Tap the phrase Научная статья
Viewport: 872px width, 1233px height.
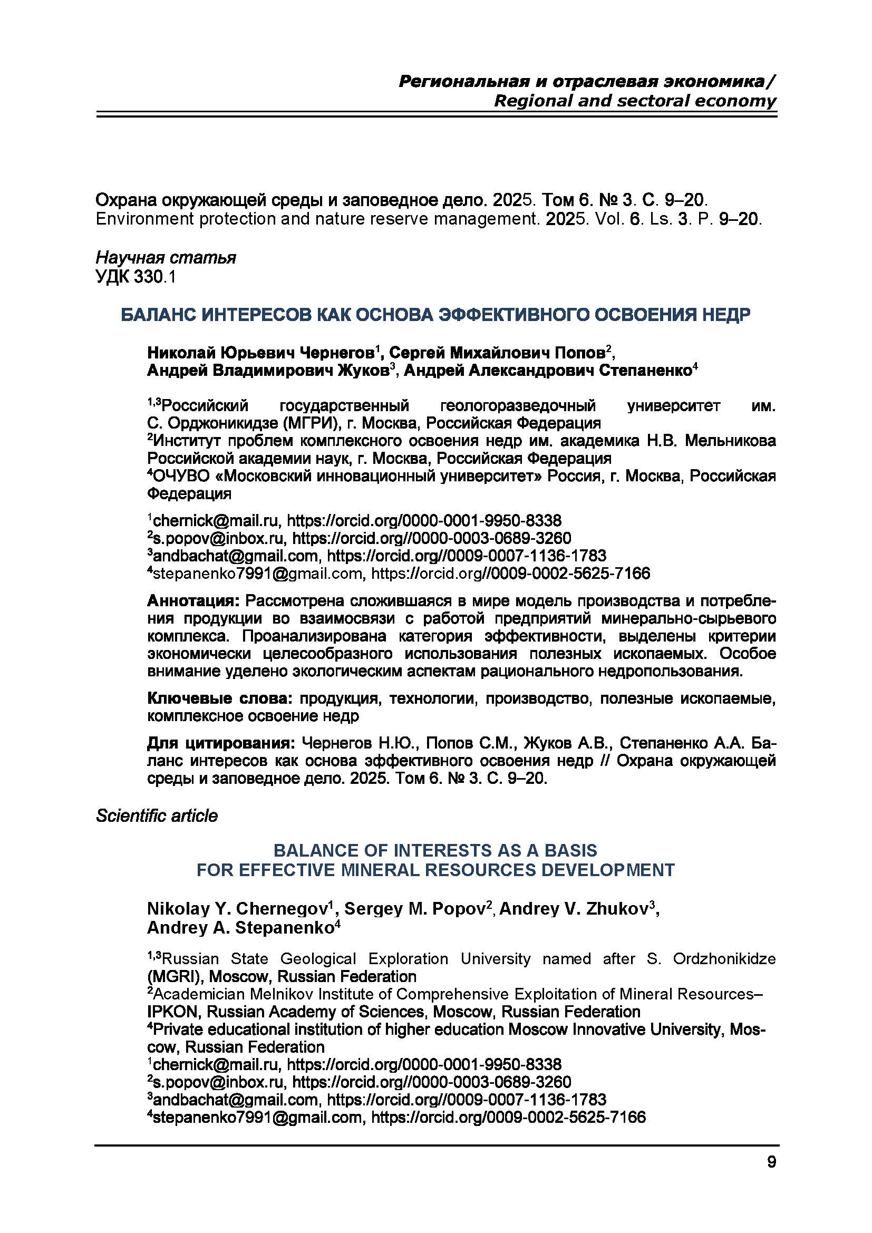[166, 258]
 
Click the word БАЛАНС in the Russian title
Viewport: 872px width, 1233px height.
[158, 315]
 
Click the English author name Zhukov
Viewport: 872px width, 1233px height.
[619, 909]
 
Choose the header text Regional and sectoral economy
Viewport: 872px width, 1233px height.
[635, 101]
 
